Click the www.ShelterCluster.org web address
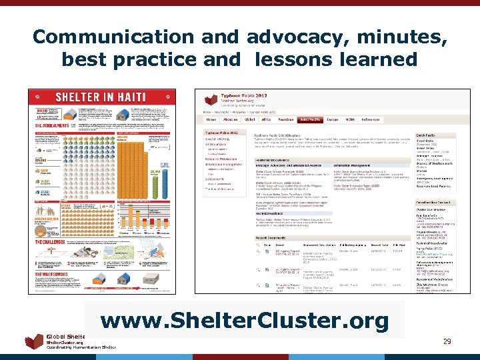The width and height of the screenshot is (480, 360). (244, 321)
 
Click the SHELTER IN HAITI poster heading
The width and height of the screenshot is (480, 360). (102, 97)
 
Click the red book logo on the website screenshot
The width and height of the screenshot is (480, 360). (211, 100)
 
